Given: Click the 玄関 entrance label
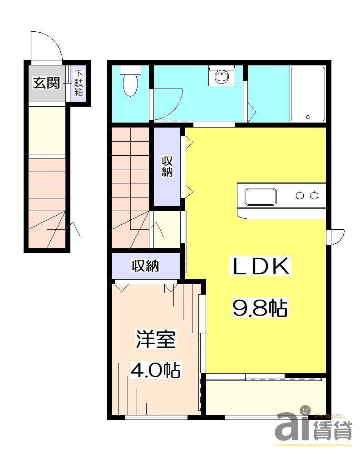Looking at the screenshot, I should pos(46,83).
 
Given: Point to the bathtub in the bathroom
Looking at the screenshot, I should pos(308,94).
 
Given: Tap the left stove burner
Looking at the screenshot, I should pos(300,196).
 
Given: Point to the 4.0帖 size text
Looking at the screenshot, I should pos(156,370).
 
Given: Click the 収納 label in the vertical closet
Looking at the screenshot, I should pos(167,166).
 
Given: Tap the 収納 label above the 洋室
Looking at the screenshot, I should pos(145,266).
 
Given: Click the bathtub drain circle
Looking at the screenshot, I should pos(308,117).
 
